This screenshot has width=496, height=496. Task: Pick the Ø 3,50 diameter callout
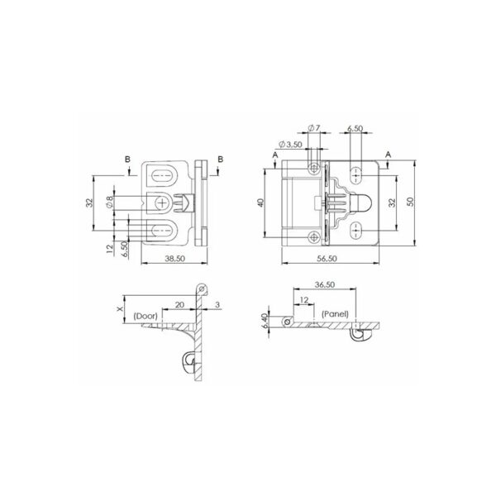[289, 145]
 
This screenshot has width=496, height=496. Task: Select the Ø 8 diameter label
[110, 203]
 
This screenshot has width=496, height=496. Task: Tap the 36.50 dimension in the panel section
[323, 285]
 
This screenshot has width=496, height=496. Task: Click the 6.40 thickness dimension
[265, 319]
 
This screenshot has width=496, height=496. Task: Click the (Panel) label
[335, 315]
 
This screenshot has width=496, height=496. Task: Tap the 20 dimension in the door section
[179, 304]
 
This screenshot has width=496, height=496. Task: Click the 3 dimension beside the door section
[217, 304]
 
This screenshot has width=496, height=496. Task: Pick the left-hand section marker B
[129, 160]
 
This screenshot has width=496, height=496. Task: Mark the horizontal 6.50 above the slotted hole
[355, 129]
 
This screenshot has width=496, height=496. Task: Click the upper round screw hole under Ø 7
[313, 169]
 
